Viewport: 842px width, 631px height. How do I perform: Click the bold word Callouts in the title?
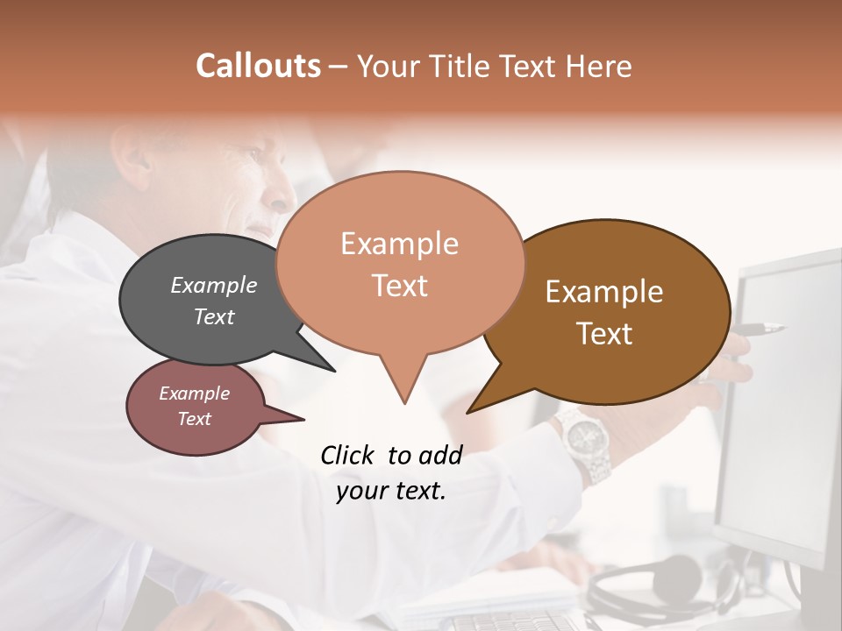[258, 66]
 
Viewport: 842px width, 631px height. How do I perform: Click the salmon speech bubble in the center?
[400, 263]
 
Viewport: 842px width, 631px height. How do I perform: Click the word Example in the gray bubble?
[214, 285]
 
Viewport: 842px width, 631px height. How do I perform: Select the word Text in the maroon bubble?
[195, 419]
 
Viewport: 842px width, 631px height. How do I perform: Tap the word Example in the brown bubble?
[604, 291]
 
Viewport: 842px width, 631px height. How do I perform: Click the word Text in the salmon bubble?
[400, 286]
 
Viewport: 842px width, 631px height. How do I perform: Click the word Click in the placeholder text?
[347, 455]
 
